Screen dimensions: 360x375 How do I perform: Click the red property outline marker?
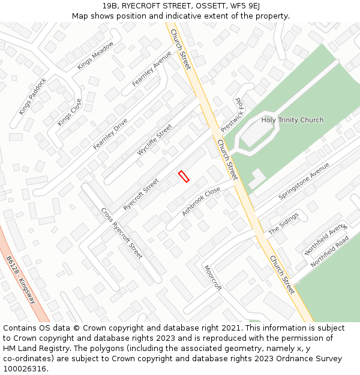point(184,176)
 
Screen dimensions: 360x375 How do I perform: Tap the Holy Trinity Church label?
point(292,120)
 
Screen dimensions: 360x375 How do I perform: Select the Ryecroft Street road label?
point(141,194)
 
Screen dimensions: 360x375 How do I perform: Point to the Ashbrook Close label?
point(201,202)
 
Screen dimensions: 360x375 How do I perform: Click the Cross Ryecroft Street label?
point(121,233)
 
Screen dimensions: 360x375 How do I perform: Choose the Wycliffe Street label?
point(154,140)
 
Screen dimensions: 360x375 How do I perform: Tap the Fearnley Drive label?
point(110,134)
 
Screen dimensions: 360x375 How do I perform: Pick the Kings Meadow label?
point(95,56)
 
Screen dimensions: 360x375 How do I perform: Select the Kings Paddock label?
point(32,96)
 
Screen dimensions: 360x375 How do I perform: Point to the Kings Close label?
point(69,112)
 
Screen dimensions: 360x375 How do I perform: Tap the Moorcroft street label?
point(212,278)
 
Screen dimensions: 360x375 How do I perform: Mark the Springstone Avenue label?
point(304,181)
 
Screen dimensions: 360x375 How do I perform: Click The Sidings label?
point(283,223)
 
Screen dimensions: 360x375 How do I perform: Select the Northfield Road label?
point(329,251)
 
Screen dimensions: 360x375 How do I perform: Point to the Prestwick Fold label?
point(232,116)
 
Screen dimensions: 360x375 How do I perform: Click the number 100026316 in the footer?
point(24,369)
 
